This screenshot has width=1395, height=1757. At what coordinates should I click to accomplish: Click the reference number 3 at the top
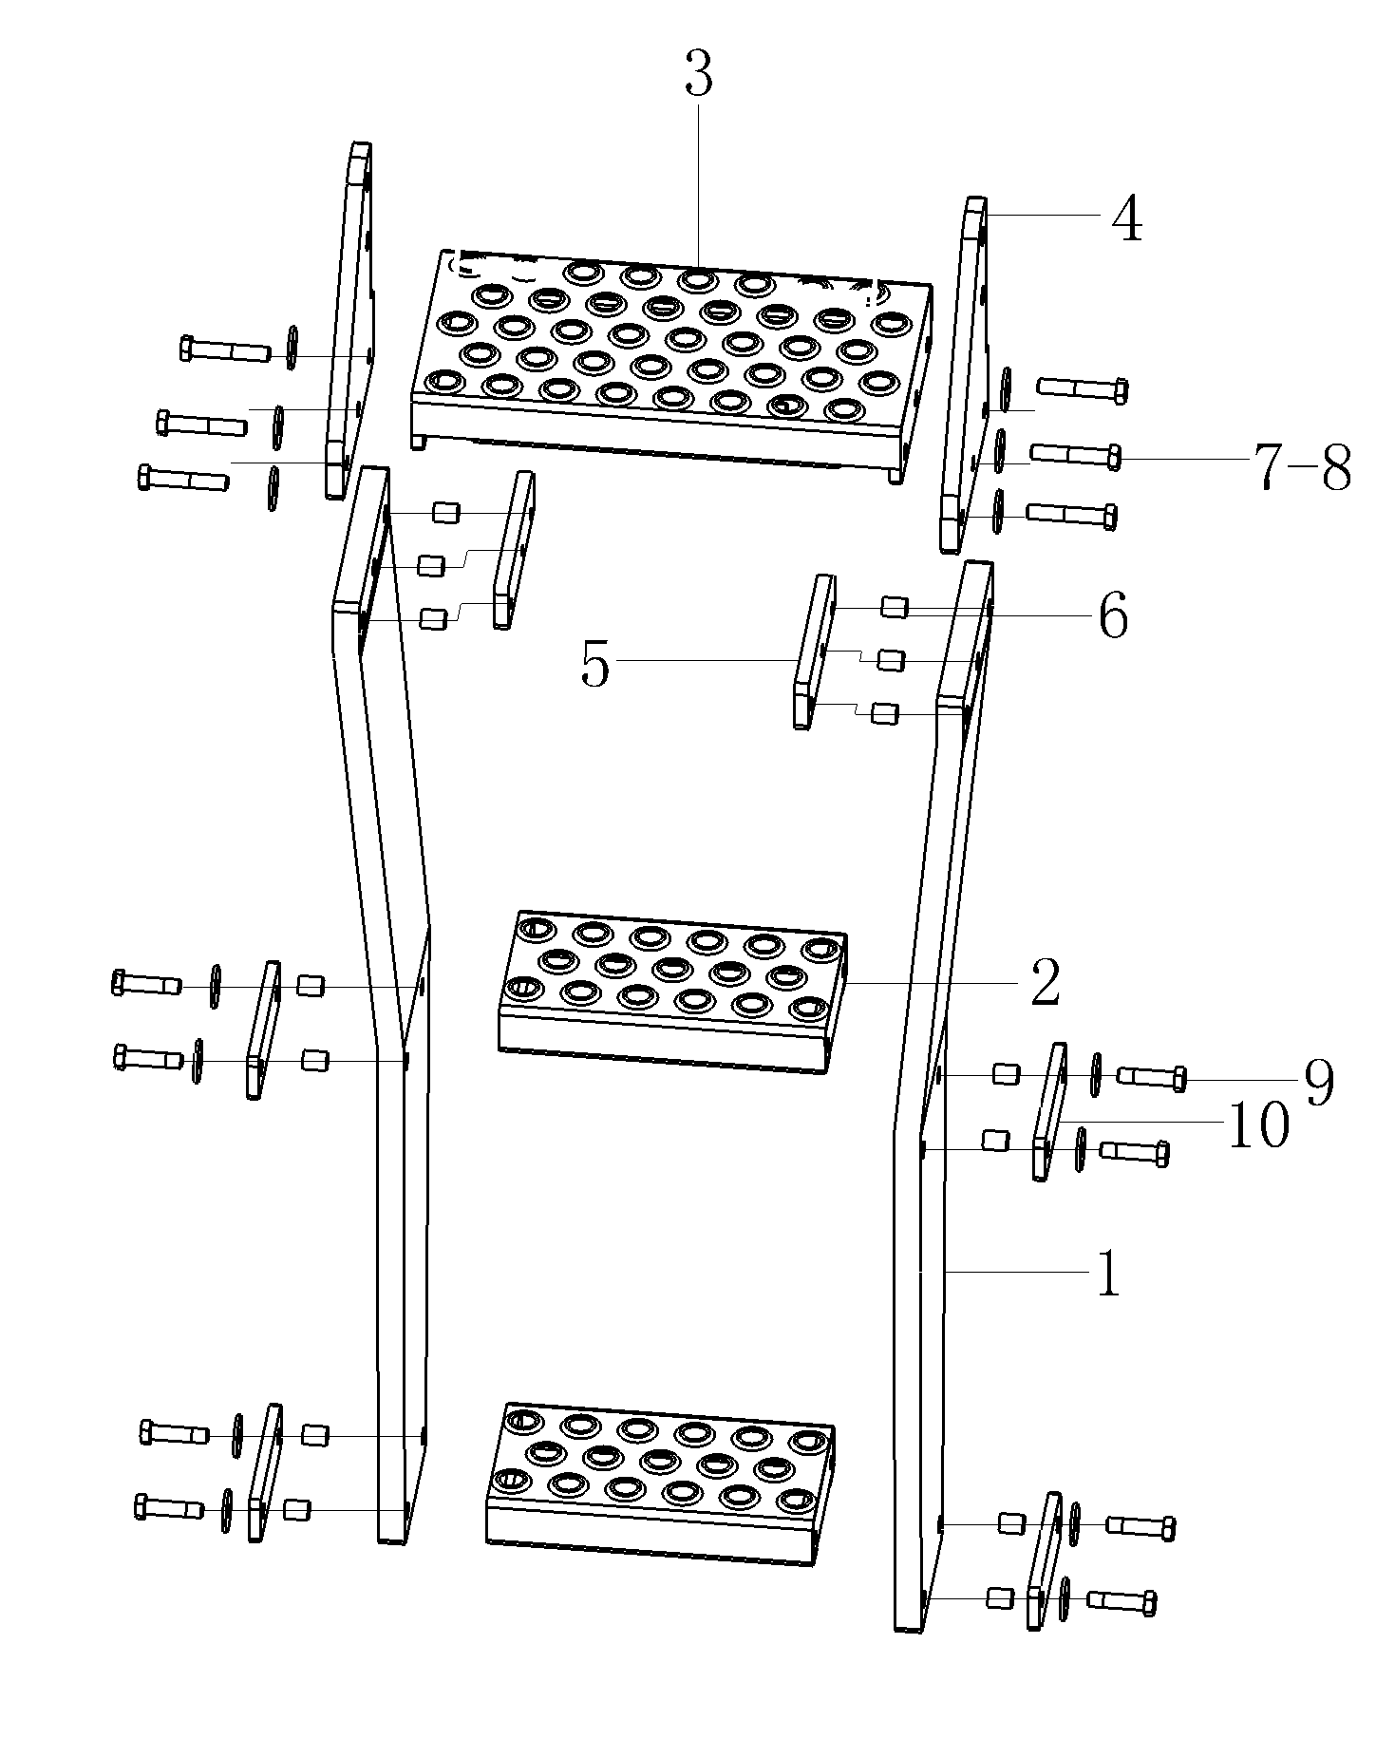tap(698, 76)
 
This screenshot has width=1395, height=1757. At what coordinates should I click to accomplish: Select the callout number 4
tap(1126, 220)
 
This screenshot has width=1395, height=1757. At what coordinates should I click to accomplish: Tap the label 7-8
tap(1302, 467)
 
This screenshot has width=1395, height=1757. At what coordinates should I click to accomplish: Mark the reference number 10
tap(1258, 1126)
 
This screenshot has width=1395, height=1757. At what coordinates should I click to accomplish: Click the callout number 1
tap(1107, 1275)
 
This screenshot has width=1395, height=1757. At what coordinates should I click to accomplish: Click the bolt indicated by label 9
tap(1152, 1077)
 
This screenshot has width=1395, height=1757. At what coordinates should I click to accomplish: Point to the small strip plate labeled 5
tap(814, 652)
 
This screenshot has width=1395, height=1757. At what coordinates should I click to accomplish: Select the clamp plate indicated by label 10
tap(1049, 1111)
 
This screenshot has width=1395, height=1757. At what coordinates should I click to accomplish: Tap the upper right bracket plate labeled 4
tap(964, 374)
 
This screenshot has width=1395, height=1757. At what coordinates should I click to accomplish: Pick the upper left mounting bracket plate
tap(349, 320)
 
